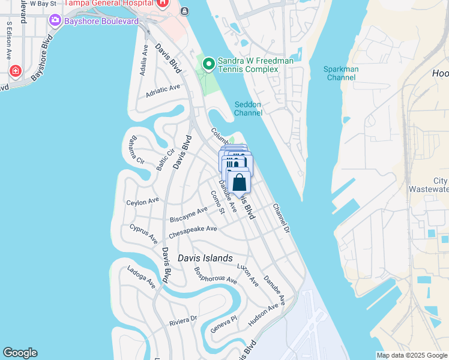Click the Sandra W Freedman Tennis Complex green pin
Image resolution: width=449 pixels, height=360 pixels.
click(x=208, y=63)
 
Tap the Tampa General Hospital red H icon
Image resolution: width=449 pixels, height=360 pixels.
click(x=163, y=4)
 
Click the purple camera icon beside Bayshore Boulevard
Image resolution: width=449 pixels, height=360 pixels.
click(x=56, y=21)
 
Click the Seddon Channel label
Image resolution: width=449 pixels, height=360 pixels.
click(x=248, y=108)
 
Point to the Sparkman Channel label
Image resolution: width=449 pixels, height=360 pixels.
click(x=341, y=73)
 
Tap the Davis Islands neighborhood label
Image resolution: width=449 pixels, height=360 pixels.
click(x=205, y=258)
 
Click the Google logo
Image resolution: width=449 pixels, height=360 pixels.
click(x=20, y=353)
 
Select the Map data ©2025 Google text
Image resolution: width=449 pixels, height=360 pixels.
click(x=412, y=355)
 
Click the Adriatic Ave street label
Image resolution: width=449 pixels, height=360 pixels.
click(x=163, y=91)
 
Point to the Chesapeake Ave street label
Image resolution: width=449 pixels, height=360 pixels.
click(x=193, y=229)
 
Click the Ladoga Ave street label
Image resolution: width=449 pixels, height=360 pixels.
click(x=141, y=278)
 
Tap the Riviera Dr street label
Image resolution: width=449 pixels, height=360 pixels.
click(x=184, y=322)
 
